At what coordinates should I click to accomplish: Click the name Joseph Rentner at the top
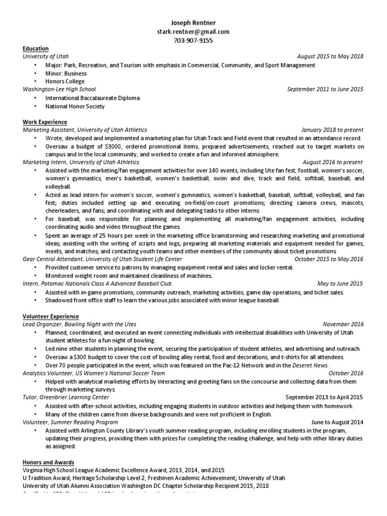(193, 23)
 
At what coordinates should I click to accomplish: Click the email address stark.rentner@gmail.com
(193, 31)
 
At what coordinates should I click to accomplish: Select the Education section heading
(36, 48)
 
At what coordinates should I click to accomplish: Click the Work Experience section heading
(45, 122)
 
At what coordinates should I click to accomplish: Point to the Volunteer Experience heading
(50, 316)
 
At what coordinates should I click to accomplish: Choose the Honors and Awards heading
(48, 462)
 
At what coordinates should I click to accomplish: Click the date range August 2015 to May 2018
(330, 56)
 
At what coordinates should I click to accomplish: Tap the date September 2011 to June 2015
(325, 89)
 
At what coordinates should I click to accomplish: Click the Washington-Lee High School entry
(59, 89)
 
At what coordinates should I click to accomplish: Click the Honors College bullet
(65, 81)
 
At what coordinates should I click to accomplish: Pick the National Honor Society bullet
(75, 106)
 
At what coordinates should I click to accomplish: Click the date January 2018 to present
(332, 130)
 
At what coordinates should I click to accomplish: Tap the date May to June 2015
(340, 284)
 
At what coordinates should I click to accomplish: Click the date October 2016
(346, 373)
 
